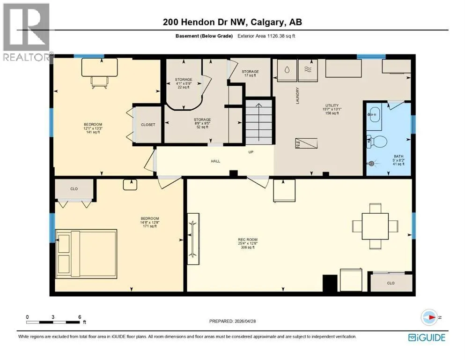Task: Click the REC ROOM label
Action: (x=248, y=240)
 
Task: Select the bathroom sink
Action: (x=375, y=114)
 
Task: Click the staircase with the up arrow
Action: (x=259, y=122)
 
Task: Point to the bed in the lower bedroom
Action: (x=86, y=254)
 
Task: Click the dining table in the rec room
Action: (x=375, y=226)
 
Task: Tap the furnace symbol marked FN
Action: (x=306, y=143)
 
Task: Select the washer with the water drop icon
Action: (x=287, y=70)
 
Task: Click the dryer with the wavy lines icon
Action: (x=308, y=70)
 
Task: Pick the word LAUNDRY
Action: (x=297, y=95)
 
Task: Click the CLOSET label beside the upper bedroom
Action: (x=148, y=125)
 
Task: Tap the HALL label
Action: (x=215, y=161)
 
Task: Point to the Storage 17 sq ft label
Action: (x=250, y=73)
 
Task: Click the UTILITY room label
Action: (x=332, y=105)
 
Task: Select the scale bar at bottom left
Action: (x=53, y=322)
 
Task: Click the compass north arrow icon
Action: (x=429, y=317)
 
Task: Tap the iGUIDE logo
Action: (x=427, y=338)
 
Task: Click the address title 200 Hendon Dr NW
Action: (x=205, y=22)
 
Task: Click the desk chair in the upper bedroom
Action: (x=99, y=82)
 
